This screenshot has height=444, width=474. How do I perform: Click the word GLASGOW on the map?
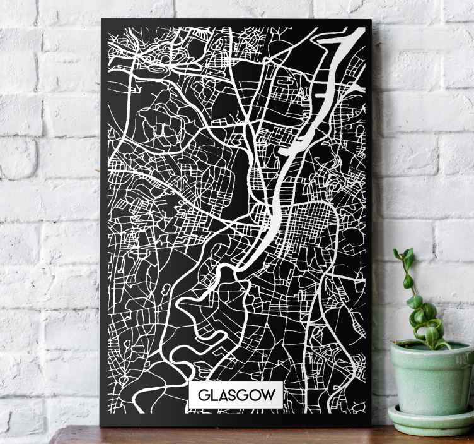(x=236, y=395)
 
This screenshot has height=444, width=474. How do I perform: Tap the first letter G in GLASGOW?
(x=203, y=396)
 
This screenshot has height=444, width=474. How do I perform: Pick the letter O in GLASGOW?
(x=256, y=396)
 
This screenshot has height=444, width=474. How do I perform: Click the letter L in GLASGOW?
(x=214, y=396)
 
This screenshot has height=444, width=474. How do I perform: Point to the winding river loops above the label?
(x=202, y=309)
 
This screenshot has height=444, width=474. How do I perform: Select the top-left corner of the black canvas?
(x=102, y=20)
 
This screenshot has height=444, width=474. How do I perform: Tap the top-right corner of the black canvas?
(x=371, y=21)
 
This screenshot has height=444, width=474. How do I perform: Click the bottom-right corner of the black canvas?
(x=371, y=424)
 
